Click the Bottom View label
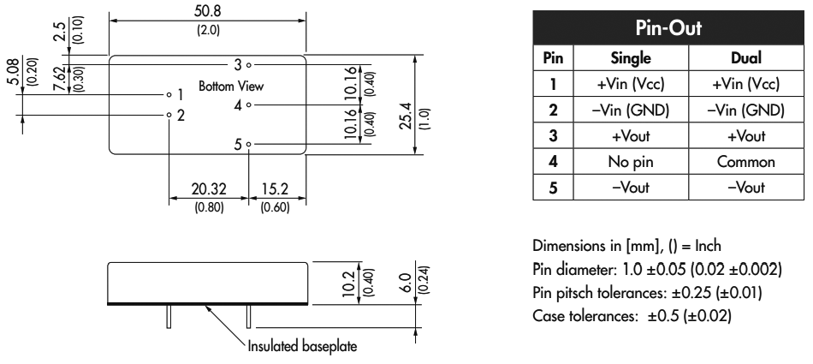[x=232, y=87]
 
